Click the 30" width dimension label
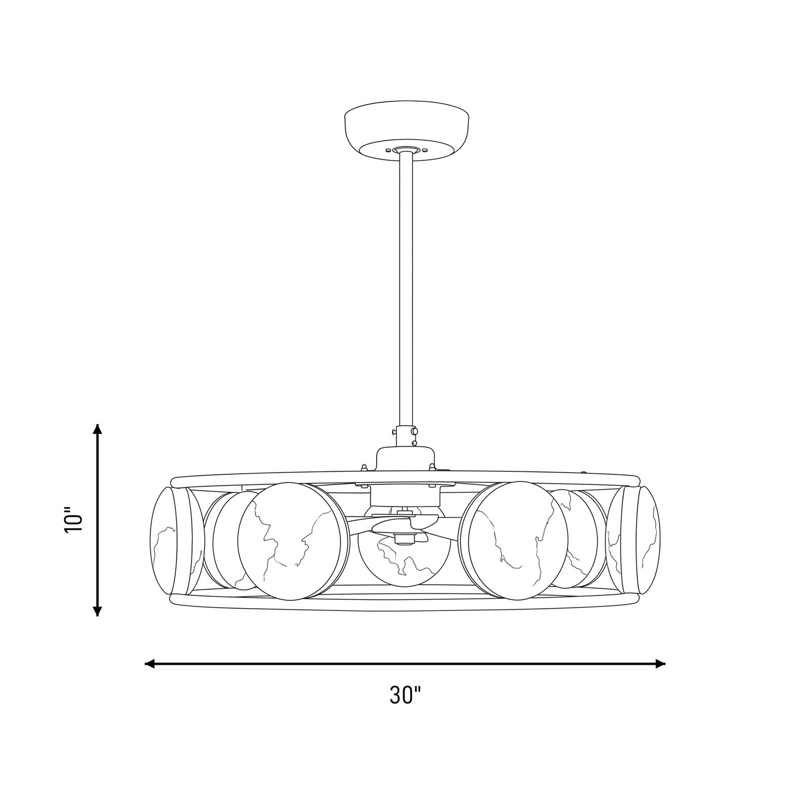point(405,695)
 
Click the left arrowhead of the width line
point(150,663)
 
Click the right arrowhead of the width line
point(660,663)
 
